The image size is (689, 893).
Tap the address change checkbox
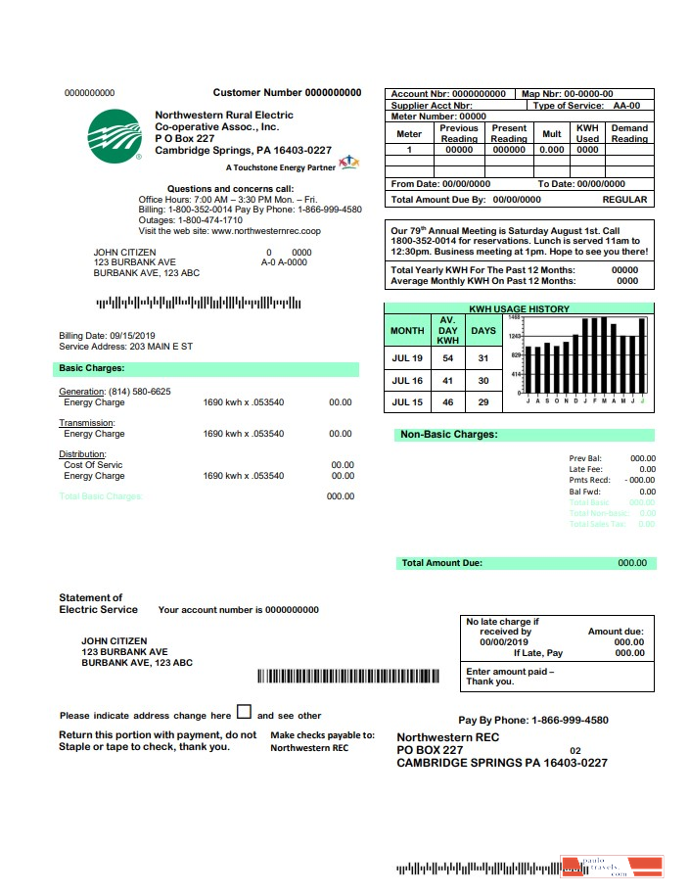(244, 713)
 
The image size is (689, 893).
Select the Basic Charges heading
(84, 369)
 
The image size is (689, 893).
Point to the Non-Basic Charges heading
(448, 434)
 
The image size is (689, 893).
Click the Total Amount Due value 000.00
(632, 563)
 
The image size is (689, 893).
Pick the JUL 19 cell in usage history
(407, 358)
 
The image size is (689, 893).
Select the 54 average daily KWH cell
(448, 358)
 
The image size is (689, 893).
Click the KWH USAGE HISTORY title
(519, 309)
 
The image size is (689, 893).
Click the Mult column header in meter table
(552, 133)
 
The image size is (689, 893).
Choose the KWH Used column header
(587, 133)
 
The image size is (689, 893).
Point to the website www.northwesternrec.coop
(266, 231)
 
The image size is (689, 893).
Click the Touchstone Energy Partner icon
(348, 163)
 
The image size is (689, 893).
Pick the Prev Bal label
(584, 458)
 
